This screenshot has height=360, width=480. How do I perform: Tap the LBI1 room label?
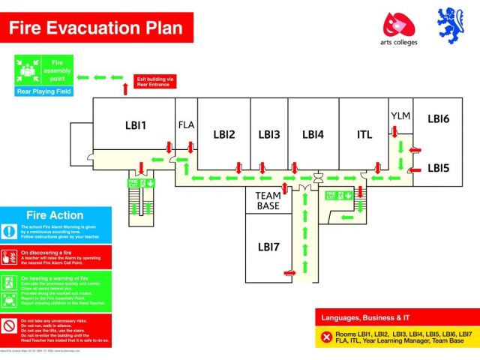point(136,125)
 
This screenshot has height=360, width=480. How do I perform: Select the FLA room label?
point(186,125)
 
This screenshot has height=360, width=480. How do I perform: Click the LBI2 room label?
point(224,135)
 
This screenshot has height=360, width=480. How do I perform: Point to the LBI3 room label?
point(268,135)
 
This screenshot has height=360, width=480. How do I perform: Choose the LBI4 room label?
point(313,135)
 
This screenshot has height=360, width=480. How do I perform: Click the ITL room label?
point(364,135)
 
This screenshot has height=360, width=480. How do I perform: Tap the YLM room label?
point(400,115)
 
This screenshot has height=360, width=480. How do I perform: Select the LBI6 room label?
point(438,118)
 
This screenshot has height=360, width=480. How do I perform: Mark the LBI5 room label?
point(438,168)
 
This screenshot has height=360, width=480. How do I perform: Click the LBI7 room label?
point(268,246)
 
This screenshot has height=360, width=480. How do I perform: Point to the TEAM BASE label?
point(268,200)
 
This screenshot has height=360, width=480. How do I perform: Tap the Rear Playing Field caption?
point(43,91)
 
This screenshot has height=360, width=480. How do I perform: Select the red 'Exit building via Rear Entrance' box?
point(155,81)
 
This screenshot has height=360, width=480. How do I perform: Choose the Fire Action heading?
point(55,215)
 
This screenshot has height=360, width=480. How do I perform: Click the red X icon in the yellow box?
point(326,337)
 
